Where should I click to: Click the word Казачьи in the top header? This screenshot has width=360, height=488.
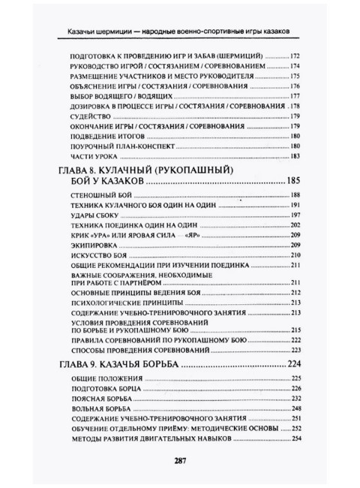(x=88, y=31)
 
